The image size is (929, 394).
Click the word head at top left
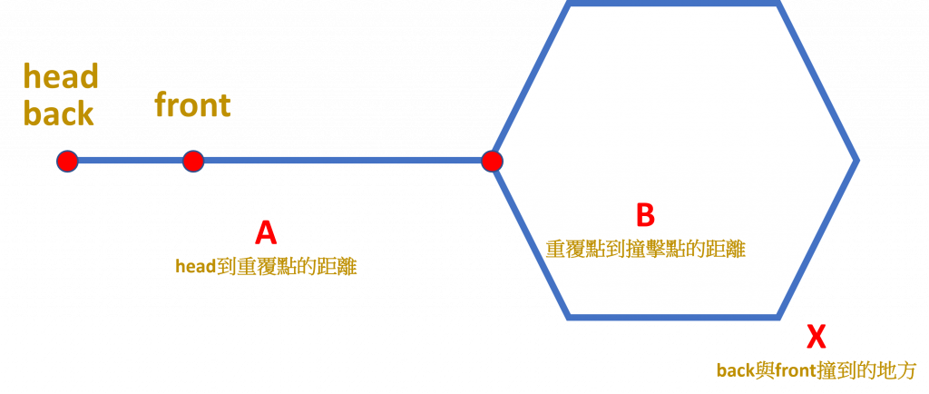61,76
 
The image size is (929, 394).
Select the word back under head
58,113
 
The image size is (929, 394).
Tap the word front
192,104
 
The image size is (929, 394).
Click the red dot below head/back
66,161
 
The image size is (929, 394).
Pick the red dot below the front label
193,161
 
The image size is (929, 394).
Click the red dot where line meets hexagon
492,161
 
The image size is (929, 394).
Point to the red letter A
265,232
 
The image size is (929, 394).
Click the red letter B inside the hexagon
645,215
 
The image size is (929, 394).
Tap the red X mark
817,337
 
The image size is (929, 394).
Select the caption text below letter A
266,266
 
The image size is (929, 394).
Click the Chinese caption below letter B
645,249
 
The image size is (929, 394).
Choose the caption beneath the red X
816,370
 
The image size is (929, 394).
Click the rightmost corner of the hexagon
856,161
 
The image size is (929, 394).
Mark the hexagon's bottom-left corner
570,317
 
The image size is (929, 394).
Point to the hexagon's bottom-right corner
778,317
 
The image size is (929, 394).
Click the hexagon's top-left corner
570,4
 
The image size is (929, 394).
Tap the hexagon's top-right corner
778,4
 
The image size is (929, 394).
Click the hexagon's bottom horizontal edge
674,317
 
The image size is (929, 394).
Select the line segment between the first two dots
130,161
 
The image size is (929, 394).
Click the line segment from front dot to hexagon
342,161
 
